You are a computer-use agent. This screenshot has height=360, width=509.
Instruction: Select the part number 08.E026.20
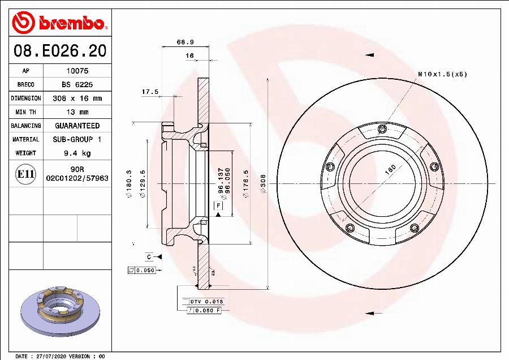point(60,51)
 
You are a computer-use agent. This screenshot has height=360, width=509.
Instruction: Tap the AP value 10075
point(77,71)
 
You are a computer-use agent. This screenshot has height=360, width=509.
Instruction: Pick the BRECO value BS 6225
point(77,85)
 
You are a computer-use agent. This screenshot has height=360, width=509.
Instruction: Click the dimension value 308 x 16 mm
point(77,98)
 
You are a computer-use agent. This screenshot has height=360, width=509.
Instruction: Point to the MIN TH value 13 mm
point(77,112)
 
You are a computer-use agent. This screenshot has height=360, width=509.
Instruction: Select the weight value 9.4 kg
point(77,153)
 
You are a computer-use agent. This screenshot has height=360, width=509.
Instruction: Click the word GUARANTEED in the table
point(77,126)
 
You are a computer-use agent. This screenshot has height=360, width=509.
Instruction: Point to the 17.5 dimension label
point(150,92)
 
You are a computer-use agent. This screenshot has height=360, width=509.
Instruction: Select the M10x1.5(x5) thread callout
point(442,74)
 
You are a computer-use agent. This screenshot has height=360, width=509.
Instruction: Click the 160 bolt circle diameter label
point(390,170)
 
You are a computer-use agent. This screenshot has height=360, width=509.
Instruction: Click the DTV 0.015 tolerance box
point(206,302)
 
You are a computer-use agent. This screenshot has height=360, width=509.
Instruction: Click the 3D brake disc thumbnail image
point(60,310)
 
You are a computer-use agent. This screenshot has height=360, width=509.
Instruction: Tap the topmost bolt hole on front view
point(382,127)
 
